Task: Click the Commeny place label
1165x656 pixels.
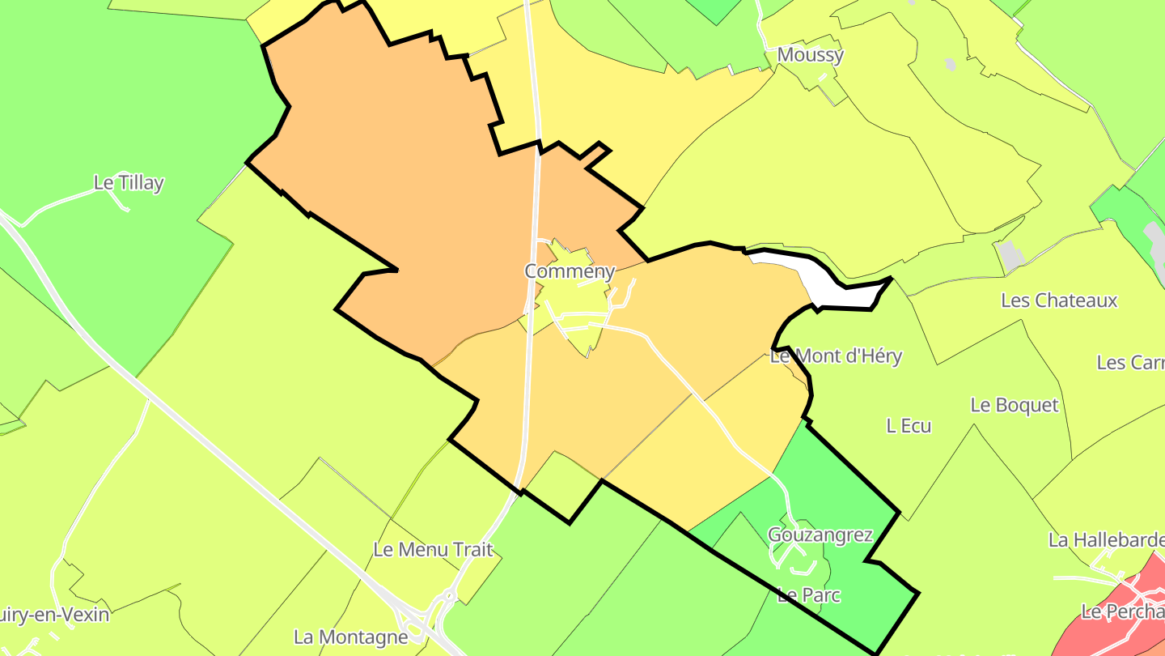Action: [x=570, y=271]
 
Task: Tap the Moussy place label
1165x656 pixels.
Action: [x=810, y=55]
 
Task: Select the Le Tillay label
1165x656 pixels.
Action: [x=129, y=183]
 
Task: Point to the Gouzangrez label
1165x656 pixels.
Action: [x=820, y=535]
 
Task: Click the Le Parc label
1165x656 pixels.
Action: [x=808, y=595]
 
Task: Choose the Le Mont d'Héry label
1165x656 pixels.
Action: [x=836, y=356]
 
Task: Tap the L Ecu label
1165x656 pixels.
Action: [x=909, y=425]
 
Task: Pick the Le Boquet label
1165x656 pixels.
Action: [x=1014, y=405]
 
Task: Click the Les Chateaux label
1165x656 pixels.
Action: [x=1059, y=300]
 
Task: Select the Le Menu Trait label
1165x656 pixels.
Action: [x=433, y=549]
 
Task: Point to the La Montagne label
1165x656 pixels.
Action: [x=350, y=637]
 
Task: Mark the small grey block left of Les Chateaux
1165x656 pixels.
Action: [x=1010, y=255]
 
